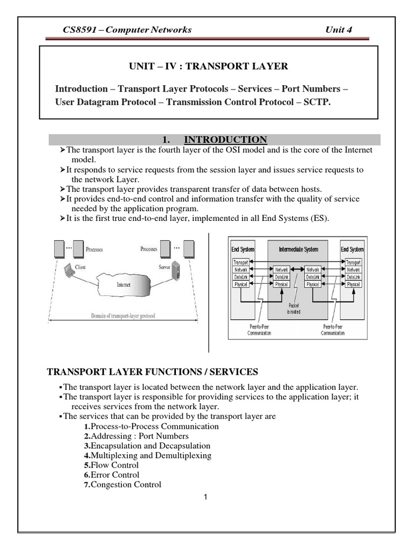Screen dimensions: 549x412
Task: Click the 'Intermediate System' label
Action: pyautogui.click(x=297, y=249)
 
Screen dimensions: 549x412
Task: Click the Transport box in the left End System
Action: pyautogui.click(x=241, y=262)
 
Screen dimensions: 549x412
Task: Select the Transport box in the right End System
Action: pyautogui.click(x=353, y=262)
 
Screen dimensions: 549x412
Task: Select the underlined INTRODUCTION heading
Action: pyautogui.click(x=225, y=140)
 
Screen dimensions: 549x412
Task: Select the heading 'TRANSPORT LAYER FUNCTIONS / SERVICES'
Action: pyautogui.click(x=153, y=372)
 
